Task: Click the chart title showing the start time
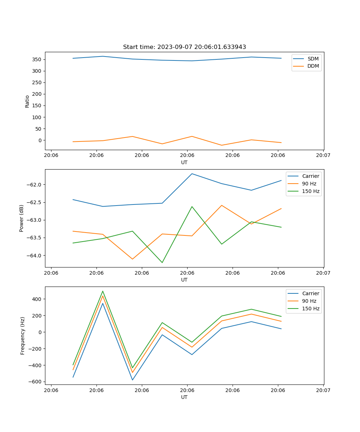(184, 47)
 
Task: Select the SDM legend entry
(313, 58)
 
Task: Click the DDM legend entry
(313, 66)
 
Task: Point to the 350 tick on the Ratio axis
(38, 59)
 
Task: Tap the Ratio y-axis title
(27, 101)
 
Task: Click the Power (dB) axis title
(22, 218)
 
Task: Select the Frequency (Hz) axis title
(23, 336)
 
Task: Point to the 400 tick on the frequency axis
(38, 299)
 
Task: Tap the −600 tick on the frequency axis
(36, 382)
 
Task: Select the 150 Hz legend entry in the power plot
(311, 191)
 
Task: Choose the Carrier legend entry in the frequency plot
(311, 293)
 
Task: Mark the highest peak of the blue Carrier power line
(192, 174)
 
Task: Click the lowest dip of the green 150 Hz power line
(162, 262)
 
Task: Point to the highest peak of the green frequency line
(103, 291)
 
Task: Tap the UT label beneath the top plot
(184, 162)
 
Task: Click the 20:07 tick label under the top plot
(323, 156)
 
